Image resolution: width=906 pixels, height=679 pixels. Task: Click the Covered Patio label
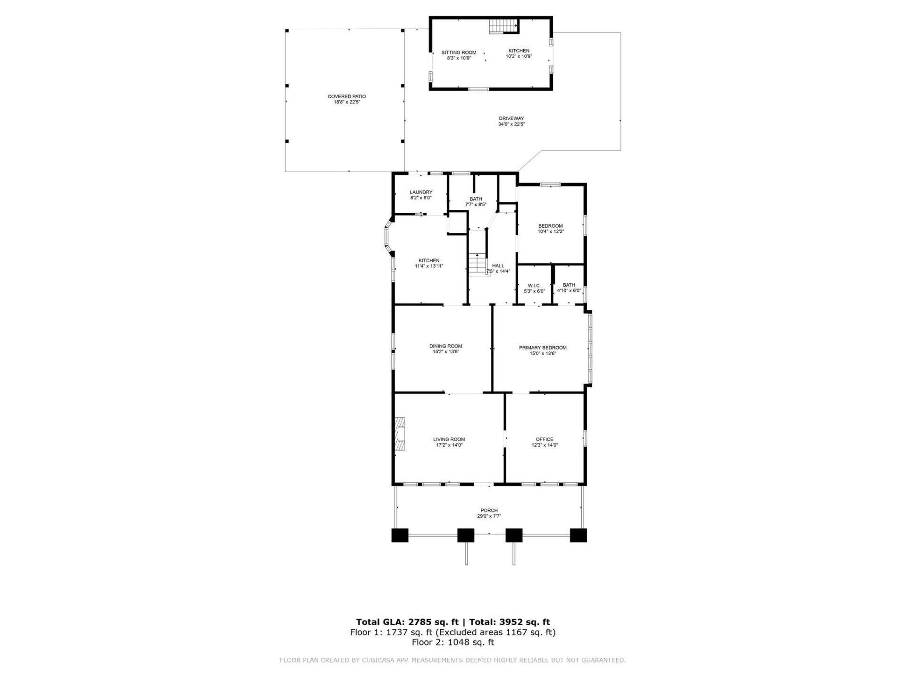coord(346,96)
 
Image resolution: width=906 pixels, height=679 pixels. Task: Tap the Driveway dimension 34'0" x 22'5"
coord(511,124)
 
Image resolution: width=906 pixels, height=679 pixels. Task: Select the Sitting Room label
coord(459,52)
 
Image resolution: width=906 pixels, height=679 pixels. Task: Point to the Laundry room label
coord(421,192)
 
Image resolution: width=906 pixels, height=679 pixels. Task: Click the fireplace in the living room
coord(400,434)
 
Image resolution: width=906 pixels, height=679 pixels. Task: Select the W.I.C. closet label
coord(534,286)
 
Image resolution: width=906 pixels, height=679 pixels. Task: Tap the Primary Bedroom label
coord(543,348)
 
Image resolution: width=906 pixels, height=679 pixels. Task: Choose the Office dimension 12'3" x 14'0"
coord(545,445)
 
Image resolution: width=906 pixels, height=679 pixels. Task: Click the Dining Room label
coord(445,346)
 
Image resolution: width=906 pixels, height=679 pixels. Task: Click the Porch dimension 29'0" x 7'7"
coord(489,516)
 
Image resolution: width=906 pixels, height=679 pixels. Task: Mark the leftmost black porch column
coord(400,535)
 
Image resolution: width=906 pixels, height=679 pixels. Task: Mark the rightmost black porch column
coord(578,535)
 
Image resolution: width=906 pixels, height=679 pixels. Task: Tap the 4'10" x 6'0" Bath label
coord(569,285)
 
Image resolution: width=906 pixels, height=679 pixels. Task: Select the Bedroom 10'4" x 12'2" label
coord(550,226)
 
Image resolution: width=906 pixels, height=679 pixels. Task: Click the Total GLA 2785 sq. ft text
coord(407,622)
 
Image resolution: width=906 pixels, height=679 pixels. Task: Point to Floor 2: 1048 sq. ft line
coord(453,642)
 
